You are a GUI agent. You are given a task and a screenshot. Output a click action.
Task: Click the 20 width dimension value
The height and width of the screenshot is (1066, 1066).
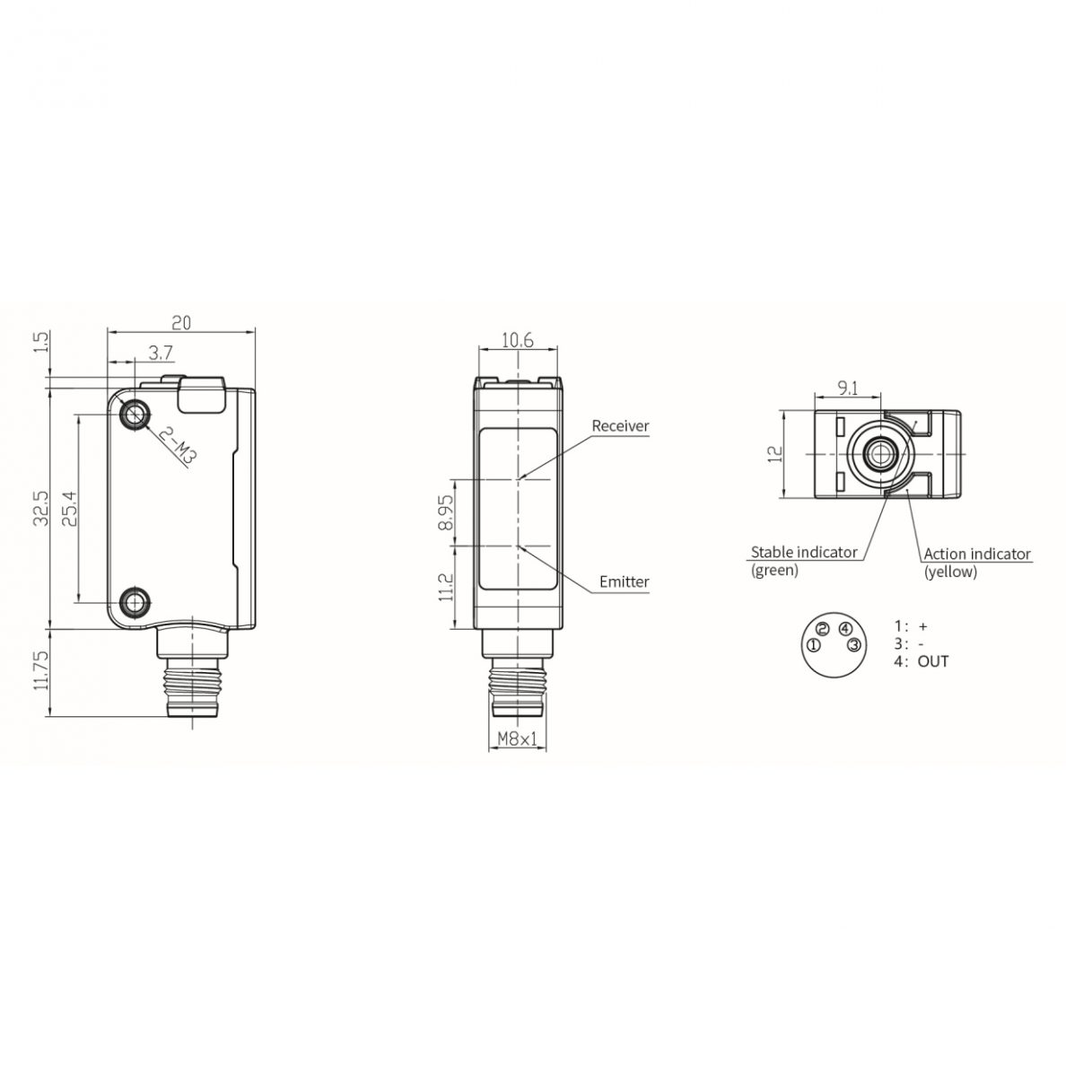click(181, 322)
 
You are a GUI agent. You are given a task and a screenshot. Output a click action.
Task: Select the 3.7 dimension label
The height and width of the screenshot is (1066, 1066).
click(162, 353)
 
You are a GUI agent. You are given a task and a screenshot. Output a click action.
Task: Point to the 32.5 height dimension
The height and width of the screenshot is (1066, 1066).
click(41, 508)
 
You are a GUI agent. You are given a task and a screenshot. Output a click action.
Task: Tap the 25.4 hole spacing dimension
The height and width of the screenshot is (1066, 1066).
click(69, 509)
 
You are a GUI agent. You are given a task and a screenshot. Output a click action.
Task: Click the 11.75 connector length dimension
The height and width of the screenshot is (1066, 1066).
click(41, 670)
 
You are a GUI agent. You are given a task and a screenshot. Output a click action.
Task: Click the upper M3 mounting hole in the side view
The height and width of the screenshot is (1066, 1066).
click(135, 414)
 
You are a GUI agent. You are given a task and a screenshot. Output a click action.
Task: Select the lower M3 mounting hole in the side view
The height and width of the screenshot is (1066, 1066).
click(135, 602)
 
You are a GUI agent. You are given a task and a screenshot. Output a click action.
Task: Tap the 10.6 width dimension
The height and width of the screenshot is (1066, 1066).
click(518, 340)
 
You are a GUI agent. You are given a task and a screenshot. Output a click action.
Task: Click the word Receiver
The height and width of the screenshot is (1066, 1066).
click(620, 426)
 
